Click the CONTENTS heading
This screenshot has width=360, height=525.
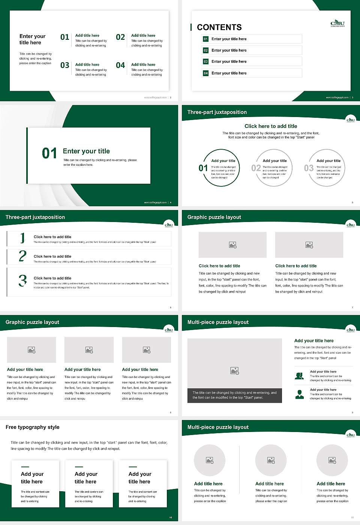219,27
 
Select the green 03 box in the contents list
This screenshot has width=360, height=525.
205,61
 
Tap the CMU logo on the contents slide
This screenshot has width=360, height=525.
337,24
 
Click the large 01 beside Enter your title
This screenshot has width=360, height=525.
49,153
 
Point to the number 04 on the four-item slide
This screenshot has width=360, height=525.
120,65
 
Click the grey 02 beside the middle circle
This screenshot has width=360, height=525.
256,168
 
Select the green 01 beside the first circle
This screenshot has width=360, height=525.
203,168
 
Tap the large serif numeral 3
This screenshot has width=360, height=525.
22,280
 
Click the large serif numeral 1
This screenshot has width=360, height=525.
22,238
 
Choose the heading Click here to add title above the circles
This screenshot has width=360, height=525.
271,126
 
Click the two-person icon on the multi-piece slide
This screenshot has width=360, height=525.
299,376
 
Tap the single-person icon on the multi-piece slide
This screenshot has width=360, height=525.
299,394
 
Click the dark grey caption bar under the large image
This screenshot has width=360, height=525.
234,395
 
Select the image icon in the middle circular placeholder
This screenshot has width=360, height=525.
271,460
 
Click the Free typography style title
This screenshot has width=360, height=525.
33,427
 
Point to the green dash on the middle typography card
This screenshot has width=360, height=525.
79,467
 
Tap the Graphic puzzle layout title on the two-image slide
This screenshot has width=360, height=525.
214,217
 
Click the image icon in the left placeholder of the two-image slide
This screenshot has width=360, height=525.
232,245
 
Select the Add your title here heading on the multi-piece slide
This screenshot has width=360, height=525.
314,341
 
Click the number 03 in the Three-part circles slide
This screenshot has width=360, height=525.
309,168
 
